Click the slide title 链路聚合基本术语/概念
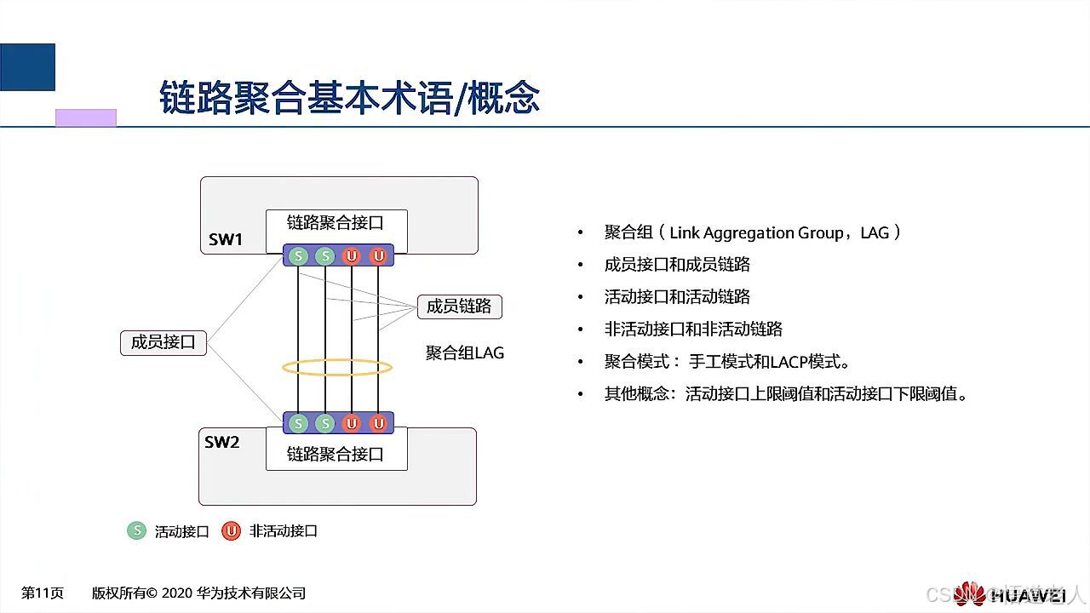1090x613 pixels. click(x=349, y=98)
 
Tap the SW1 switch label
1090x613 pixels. click(x=226, y=239)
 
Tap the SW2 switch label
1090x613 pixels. click(x=222, y=442)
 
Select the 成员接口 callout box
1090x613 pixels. click(x=163, y=342)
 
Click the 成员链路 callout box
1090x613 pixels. click(x=459, y=306)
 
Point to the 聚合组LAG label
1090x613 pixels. click(x=465, y=352)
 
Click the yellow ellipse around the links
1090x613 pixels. click(x=337, y=368)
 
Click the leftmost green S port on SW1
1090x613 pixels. click(x=298, y=255)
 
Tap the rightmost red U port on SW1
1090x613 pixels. click(x=378, y=255)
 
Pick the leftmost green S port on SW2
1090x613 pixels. click(x=298, y=422)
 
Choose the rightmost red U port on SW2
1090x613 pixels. click(x=378, y=422)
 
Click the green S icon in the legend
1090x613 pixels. click(x=136, y=530)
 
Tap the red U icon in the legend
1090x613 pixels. click(x=230, y=530)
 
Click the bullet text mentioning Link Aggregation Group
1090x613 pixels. click(x=753, y=232)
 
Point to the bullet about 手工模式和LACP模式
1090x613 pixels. click(x=727, y=362)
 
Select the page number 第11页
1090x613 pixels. click(x=43, y=593)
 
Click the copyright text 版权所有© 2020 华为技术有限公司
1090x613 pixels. click(x=198, y=593)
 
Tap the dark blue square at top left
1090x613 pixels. click(x=27, y=67)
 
